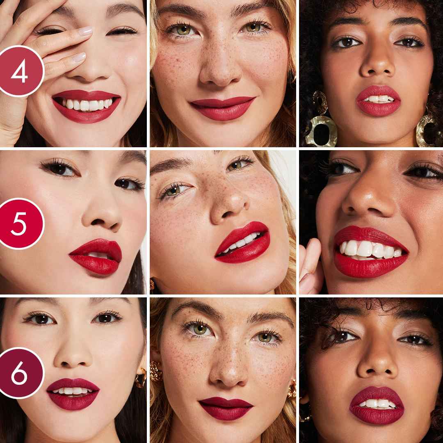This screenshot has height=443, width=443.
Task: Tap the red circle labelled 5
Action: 20,223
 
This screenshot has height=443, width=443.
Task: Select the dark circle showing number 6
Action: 20,373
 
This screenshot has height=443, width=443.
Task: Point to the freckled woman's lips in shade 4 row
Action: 222,108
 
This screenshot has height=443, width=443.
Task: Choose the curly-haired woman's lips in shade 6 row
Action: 377,404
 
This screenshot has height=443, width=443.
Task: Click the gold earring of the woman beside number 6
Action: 141,377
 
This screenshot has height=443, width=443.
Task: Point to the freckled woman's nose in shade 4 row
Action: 221,70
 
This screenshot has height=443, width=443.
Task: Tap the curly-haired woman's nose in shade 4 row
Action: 377,66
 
